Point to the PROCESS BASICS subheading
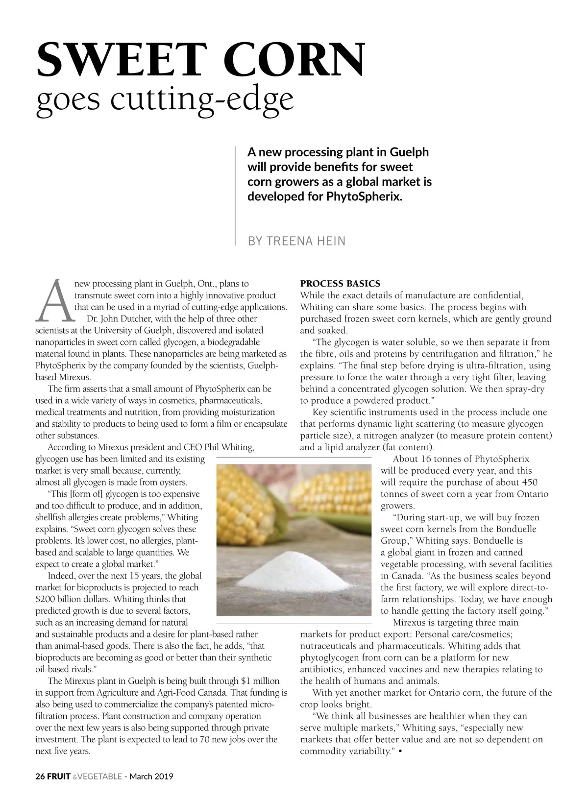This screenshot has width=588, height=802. click(340, 284)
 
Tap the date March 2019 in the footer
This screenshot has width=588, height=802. click(151, 776)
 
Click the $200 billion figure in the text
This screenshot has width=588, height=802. click(61, 599)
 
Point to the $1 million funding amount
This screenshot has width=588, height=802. click(260, 681)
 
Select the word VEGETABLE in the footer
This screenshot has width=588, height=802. click(100, 776)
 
